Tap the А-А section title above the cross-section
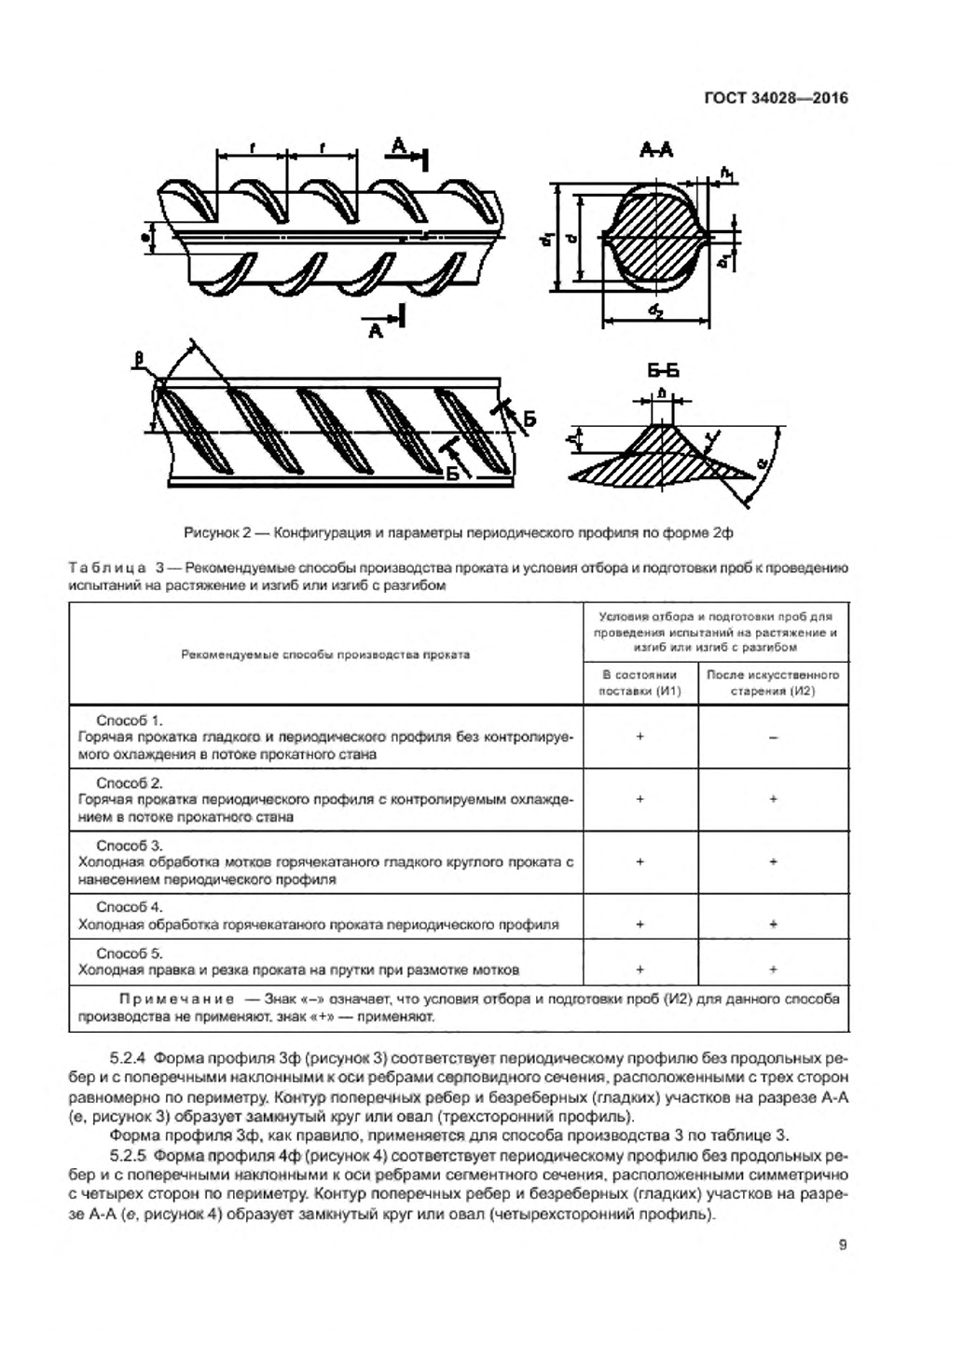pyautogui.click(x=656, y=150)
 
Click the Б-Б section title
pyautogui.click(x=663, y=371)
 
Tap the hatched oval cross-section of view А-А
pyautogui.click(x=653, y=236)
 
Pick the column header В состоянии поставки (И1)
pyautogui.click(x=640, y=682)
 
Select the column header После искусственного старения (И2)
pyautogui.click(x=773, y=682)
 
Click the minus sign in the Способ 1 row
pyautogui.click(x=773, y=737)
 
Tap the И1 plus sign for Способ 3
pyautogui.click(x=640, y=862)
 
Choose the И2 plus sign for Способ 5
pyautogui.click(x=773, y=970)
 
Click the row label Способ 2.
pyautogui.click(x=130, y=783)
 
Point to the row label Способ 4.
pyautogui.click(x=130, y=907)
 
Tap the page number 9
pyautogui.click(x=843, y=1244)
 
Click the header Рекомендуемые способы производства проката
pyautogui.click(x=325, y=654)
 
